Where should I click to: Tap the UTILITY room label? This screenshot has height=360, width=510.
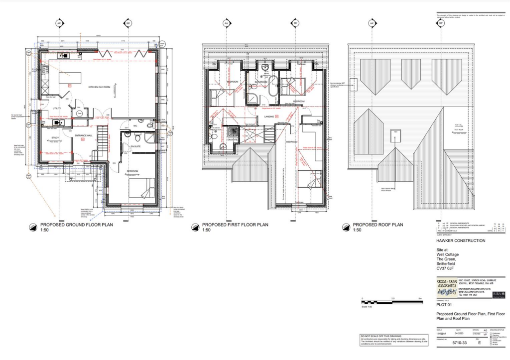pos(57,108)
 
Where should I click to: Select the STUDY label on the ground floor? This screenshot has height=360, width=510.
pos(55,138)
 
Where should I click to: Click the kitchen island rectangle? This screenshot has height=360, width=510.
pos(70,78)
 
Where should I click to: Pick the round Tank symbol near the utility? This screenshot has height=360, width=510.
pos(79,114)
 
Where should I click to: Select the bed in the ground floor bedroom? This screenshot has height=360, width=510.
pos(142,189)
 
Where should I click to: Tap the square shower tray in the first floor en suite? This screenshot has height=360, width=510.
pos(232,132)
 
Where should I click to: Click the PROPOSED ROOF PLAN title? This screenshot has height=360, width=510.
pos(378,225)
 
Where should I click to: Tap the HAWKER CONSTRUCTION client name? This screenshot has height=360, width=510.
pos(461,240)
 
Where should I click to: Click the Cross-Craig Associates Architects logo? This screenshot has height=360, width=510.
pos(446,289)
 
